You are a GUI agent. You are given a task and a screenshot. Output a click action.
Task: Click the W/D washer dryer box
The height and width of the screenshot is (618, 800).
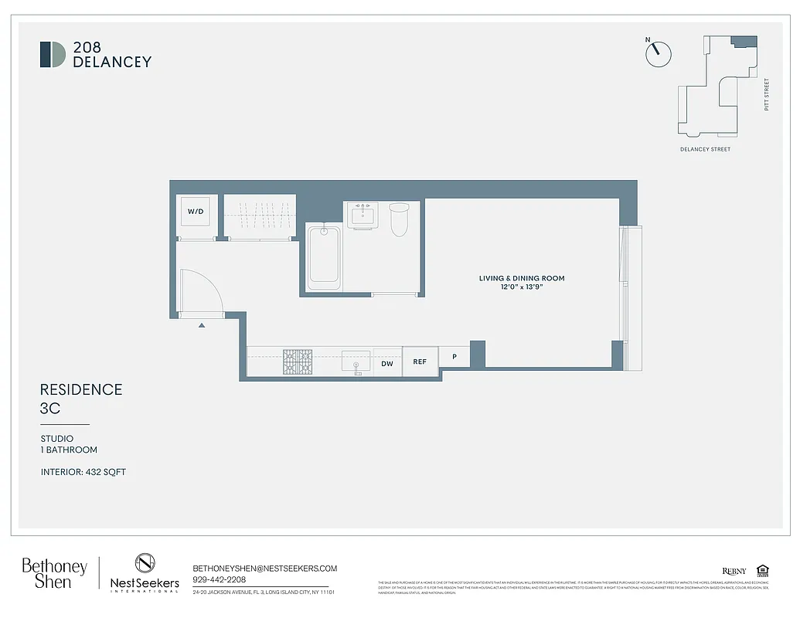point(196,211)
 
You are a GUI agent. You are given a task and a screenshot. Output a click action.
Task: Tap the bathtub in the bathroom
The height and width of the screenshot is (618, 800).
point(324,257)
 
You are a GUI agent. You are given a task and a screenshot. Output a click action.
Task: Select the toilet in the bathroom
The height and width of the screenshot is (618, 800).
point(399,219)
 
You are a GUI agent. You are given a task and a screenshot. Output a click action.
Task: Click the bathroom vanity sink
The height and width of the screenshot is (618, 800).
point(362,215)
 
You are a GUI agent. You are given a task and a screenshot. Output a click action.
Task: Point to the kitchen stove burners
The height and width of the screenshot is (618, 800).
point(298,362)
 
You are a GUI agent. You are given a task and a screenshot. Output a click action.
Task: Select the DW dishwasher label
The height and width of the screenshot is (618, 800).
point(388,362)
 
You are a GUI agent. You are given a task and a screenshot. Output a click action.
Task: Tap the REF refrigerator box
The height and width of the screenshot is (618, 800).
point(420,362)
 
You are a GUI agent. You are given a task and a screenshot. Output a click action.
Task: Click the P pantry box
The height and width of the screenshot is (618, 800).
point(454,357)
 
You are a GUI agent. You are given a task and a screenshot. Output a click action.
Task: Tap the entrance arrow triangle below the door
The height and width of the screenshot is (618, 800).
point(202,326)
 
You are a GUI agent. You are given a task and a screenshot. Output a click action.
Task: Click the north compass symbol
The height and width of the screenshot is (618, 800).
point(658,53)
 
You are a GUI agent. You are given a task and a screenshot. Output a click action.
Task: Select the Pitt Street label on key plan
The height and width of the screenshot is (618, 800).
point(767,94)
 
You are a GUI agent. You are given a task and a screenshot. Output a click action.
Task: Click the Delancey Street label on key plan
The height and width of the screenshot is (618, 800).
point(705,149)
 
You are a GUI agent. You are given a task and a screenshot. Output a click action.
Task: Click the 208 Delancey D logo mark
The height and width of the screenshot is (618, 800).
point(53,54)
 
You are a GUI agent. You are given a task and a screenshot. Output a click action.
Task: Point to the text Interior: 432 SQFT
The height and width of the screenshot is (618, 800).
point(83,472)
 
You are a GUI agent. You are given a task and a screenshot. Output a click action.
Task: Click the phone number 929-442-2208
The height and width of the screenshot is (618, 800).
point(219,579)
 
